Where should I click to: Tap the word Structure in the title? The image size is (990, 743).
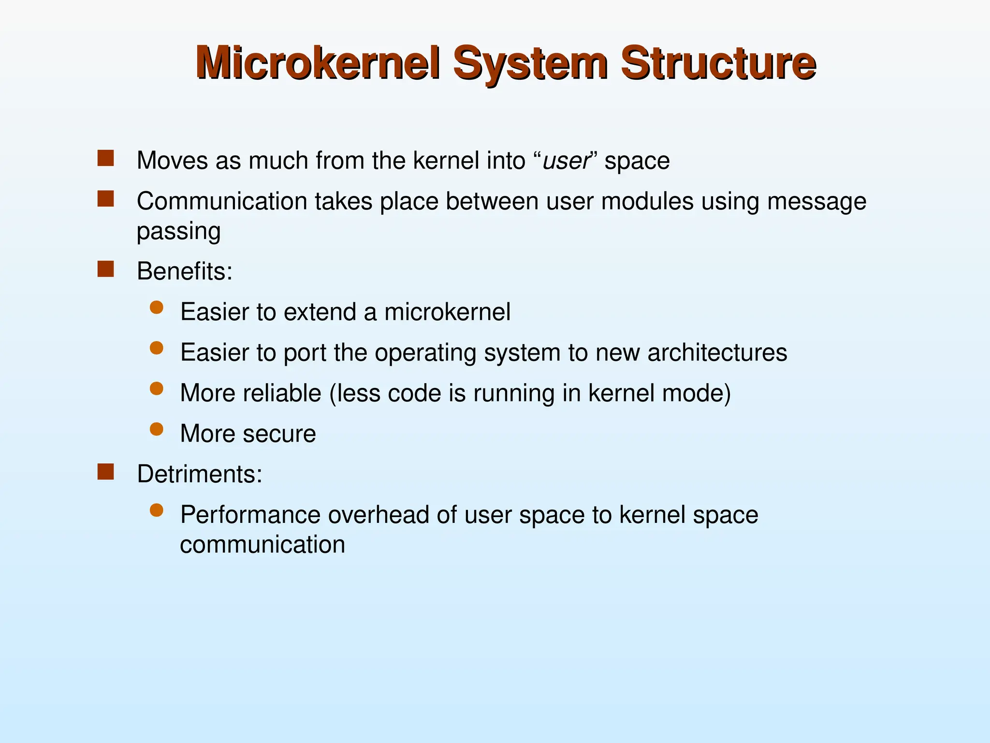(718, 63)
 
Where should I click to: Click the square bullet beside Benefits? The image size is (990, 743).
(105, 269)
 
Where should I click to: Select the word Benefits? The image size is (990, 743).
(185, 271)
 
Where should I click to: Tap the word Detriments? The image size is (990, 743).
(200, 474)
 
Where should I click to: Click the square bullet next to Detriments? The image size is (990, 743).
(105, 472)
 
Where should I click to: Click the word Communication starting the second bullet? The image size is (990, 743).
(222, 201)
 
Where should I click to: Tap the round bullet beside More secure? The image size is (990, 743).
(156, 430)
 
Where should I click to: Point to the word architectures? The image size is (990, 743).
(717, 352)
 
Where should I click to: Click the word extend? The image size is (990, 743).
(320, 312)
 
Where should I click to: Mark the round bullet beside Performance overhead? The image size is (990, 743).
(156, 510)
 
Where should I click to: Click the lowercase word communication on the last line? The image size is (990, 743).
(262, 545)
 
